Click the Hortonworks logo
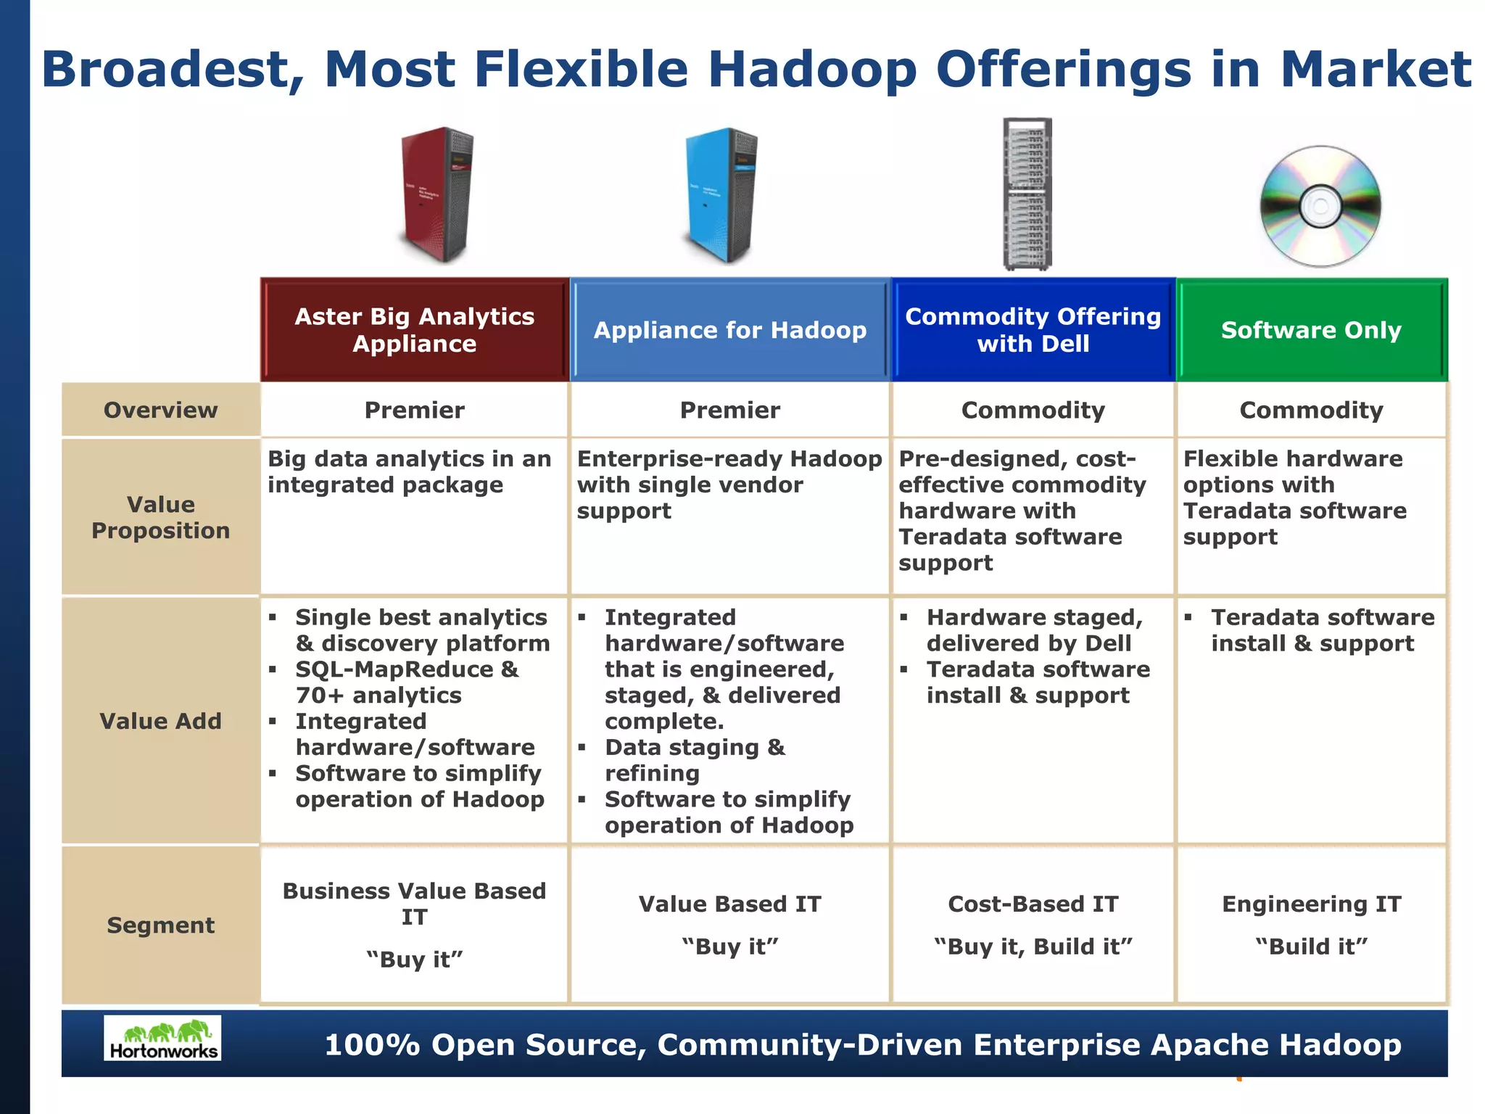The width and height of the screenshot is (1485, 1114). point(162,1038)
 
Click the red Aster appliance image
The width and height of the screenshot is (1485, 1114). point(437,194)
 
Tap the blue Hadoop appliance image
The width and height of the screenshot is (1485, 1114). point(721,194)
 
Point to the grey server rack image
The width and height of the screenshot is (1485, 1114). point(1027,194)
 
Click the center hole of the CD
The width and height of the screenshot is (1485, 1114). point(1320,206)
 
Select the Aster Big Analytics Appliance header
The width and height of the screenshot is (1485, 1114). point(415,330)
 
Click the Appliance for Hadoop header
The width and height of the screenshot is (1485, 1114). point(730,330)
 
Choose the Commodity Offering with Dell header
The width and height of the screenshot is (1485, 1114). point(1033,330)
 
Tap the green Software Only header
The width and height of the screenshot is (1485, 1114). point(1311,330)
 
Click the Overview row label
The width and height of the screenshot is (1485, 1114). point(160,410)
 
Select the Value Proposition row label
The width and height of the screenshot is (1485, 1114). point(160,517)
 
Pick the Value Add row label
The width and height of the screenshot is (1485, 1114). point(160,721)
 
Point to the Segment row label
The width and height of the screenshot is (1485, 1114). point(160,925)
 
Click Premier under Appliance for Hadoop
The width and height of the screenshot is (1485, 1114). point(730,410)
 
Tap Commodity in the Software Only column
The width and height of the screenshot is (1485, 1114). point(1311,410)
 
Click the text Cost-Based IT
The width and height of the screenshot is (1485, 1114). point(1033,904)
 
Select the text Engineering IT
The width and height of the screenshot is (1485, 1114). point(1311,904)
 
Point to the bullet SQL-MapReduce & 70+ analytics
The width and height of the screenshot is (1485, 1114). point(406,682)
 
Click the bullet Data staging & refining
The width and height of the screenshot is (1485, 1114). point(695,760)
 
